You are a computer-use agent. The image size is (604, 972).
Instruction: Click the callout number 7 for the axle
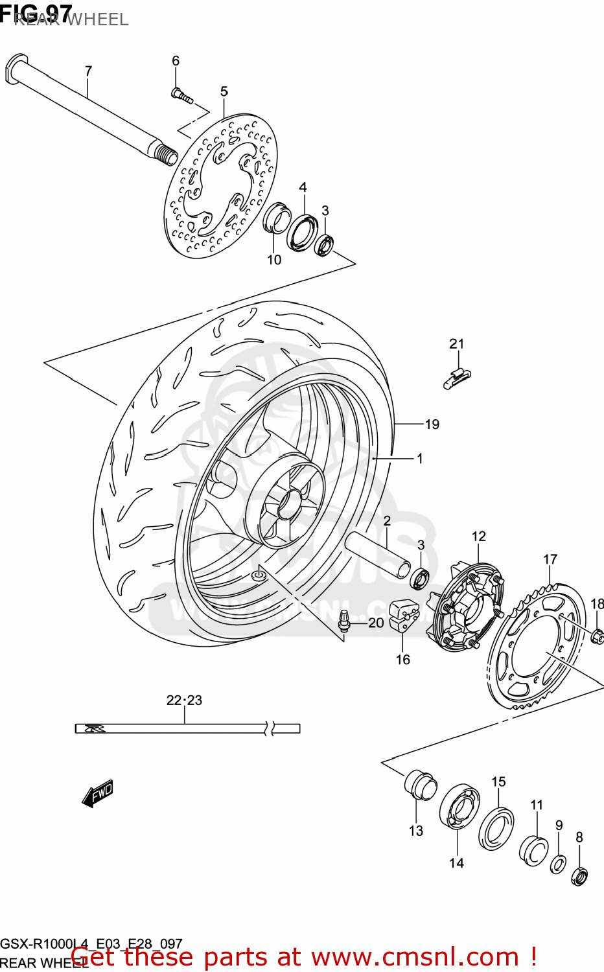(88, 71)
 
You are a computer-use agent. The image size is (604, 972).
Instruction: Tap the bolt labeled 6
(181, 97)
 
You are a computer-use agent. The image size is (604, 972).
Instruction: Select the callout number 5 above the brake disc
(224, 91)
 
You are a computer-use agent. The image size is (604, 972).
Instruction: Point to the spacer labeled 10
(275, 219)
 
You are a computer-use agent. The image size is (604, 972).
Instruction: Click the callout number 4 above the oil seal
(303, 187)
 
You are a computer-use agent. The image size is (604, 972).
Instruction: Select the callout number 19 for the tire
(432, 424)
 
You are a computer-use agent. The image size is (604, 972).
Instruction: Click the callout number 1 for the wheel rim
(420, 459)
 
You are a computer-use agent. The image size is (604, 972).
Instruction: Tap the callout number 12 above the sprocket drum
(478, 537)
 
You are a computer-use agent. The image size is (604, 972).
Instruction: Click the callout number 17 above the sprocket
(550, 559)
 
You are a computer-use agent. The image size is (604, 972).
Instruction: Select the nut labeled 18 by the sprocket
(598, 633)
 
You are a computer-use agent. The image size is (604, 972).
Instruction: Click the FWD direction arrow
(98, 793)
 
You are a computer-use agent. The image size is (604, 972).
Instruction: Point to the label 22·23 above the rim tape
(184, 700)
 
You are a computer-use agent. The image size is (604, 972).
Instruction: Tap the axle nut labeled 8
(579, 876)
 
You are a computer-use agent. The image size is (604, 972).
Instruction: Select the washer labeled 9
(558, 864)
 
